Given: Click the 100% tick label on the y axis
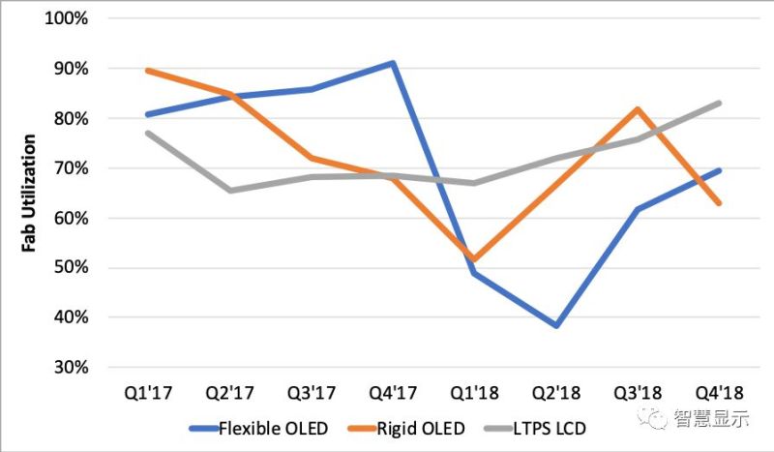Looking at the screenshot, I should (67, 18).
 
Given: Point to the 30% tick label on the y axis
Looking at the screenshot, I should (71, 368).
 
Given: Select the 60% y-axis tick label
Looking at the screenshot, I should (71, 218).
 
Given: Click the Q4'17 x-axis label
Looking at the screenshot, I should (394, 394).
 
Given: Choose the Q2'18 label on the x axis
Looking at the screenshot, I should (557, 394).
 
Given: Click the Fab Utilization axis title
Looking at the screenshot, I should (30, 193).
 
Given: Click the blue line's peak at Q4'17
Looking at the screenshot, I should (394, 63).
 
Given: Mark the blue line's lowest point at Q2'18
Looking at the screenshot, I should (557, 326).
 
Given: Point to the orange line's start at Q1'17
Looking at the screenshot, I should (147, 71).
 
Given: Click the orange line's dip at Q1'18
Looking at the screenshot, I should (475, 260).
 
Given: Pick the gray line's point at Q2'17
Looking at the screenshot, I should (229, 191).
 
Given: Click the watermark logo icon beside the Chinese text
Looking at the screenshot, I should (659, 418).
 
